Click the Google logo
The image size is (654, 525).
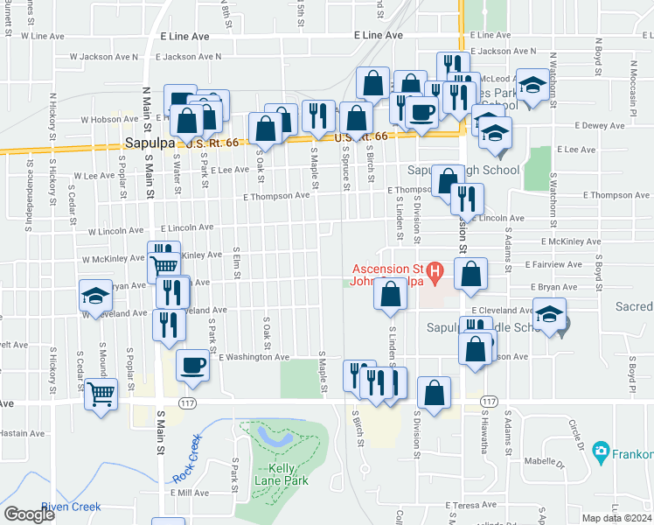coord(29,514)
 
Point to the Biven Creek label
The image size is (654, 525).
coord(71,507)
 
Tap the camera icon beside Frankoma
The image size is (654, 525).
coord(601,452)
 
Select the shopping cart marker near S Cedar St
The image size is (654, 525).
coord(101,395)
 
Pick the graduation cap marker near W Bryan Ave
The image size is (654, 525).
coord(95,294)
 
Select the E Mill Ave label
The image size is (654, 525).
coord(191,493)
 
